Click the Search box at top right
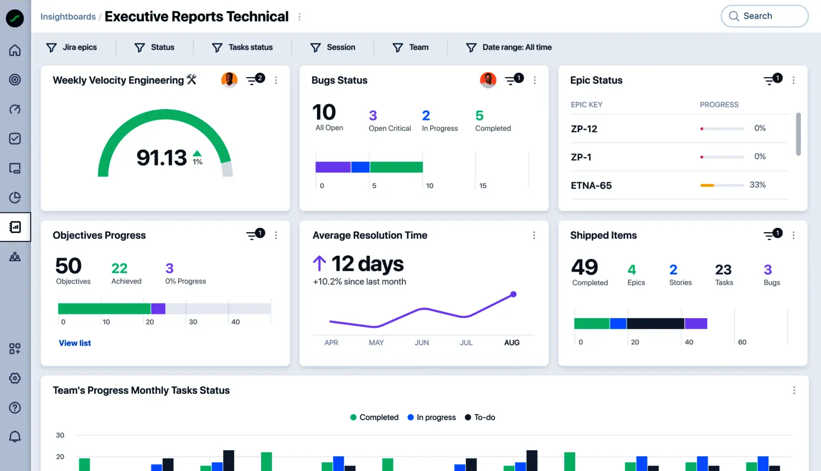coord(764,16)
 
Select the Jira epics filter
coord(72,47)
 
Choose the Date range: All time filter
coord(508,47)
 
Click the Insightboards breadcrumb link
coord(68,16)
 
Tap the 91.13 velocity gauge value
coord(161,158)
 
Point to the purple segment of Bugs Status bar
coord(333,167)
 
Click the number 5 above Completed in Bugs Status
coord(479,116)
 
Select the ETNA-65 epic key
coord(591,186)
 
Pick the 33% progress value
coord(758,185)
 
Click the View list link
coord(75,343)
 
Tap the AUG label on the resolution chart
coord(512,343)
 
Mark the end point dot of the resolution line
coord(513,294)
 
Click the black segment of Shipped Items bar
coord(655,324)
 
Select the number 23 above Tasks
coord(724,270)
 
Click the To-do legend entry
coord(480,417)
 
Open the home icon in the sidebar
coord(15,50)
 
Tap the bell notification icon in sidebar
coord(15,436)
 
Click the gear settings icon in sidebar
coord(15,378)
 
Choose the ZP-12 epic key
coord(584,129)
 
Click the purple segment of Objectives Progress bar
coord(158,309)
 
